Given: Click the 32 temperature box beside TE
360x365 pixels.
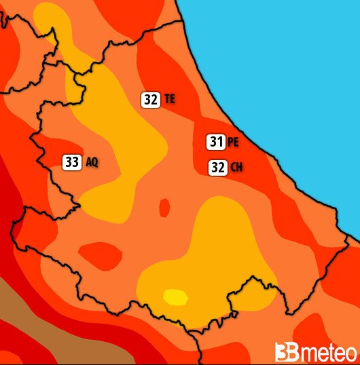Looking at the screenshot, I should [151, 99].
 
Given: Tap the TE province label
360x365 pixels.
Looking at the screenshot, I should [170, 99].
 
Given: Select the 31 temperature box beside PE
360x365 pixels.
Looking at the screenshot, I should [216, 142].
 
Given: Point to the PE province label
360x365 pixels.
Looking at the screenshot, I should [233, 142].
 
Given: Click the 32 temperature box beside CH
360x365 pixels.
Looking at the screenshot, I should [217, 167].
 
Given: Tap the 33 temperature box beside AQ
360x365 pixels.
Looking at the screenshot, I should [72, 162].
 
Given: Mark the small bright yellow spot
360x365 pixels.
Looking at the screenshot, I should [175, 297].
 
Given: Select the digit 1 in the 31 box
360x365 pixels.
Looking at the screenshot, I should [220, 142].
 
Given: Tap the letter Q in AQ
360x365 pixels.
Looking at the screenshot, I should [95, 163].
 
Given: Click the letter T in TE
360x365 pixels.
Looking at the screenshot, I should [167, 99].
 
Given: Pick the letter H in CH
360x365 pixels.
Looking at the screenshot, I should [240, 168].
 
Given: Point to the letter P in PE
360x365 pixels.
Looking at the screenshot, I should [230, 142].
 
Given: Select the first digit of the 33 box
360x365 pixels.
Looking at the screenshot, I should [69, 162].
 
